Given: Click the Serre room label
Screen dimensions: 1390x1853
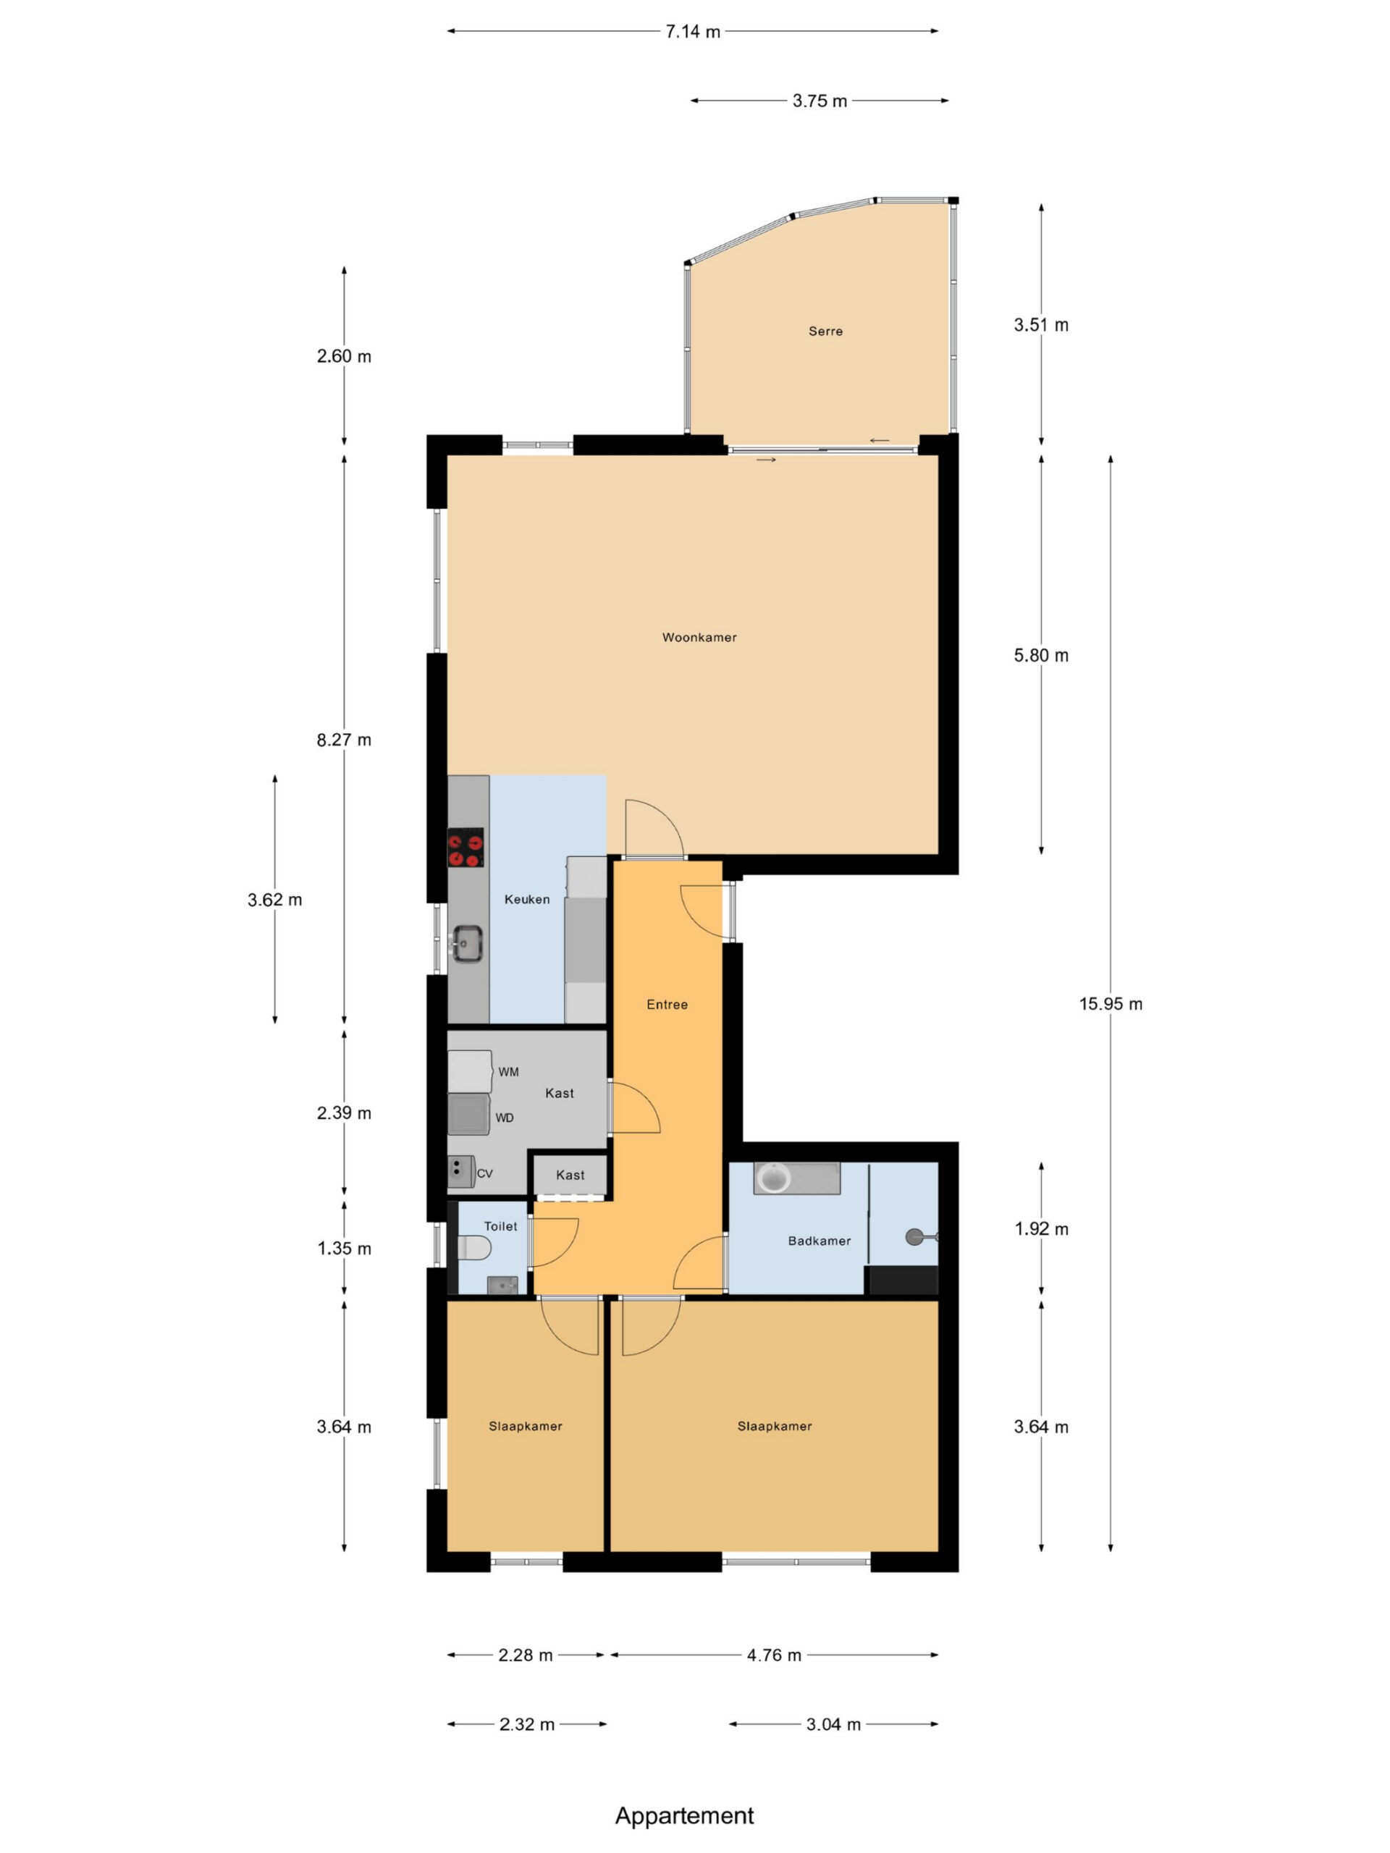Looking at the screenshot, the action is [x=825, y=331].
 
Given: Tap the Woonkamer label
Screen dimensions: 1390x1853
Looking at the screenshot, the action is [x=699, y=637].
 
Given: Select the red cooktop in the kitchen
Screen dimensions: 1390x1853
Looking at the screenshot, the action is [x=466, y=847].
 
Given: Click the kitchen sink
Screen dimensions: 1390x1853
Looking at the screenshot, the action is [x=467, y=943].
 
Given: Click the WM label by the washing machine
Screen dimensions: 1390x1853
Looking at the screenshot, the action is [x=508, y=1071].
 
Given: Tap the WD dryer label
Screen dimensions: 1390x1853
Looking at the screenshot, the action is [x=505, y=1118].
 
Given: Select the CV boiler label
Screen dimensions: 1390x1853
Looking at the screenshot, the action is [x=484, y=1173].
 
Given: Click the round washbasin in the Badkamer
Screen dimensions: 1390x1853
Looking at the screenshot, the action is [x=772, y=1178].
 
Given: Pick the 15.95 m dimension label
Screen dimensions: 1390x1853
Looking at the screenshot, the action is [x=1110, y=1003].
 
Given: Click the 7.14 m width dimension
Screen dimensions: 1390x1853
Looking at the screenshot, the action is [x=693, y=32].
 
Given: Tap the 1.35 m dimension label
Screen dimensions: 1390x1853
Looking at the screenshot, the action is [x=345, y=1248].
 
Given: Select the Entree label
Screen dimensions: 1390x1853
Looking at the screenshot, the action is [x=667, y=1005].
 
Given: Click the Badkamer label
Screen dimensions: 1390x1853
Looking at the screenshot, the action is [x=820, y=1241].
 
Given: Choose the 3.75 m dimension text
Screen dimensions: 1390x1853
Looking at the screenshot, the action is [x=820, y=101].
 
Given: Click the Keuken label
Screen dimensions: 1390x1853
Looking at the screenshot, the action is [x=527, y=899].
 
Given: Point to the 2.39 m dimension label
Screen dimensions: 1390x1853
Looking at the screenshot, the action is [x=345, y=1113].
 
